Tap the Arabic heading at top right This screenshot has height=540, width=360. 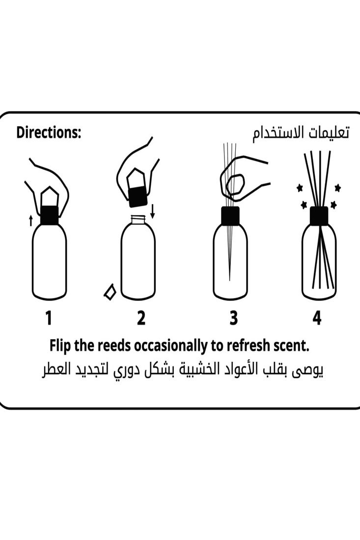(301, 133)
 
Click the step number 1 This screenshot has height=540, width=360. (49, 319)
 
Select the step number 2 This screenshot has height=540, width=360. (141, 319)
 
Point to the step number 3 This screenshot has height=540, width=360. (233, 319)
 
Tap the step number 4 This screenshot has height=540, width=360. (317, 319)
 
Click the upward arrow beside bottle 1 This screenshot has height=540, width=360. (31, 220)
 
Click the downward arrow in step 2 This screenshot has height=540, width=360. (152, 211)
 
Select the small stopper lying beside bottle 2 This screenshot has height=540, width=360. (110, 292)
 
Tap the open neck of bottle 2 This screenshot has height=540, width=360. (138, 219)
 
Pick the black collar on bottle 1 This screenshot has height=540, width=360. (49, 216)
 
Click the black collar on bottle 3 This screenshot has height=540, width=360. (230, 216)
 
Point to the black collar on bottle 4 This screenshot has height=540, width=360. (319, 216)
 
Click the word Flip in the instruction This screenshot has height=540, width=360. (61, 346)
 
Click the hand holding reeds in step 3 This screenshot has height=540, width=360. (241, 179)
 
